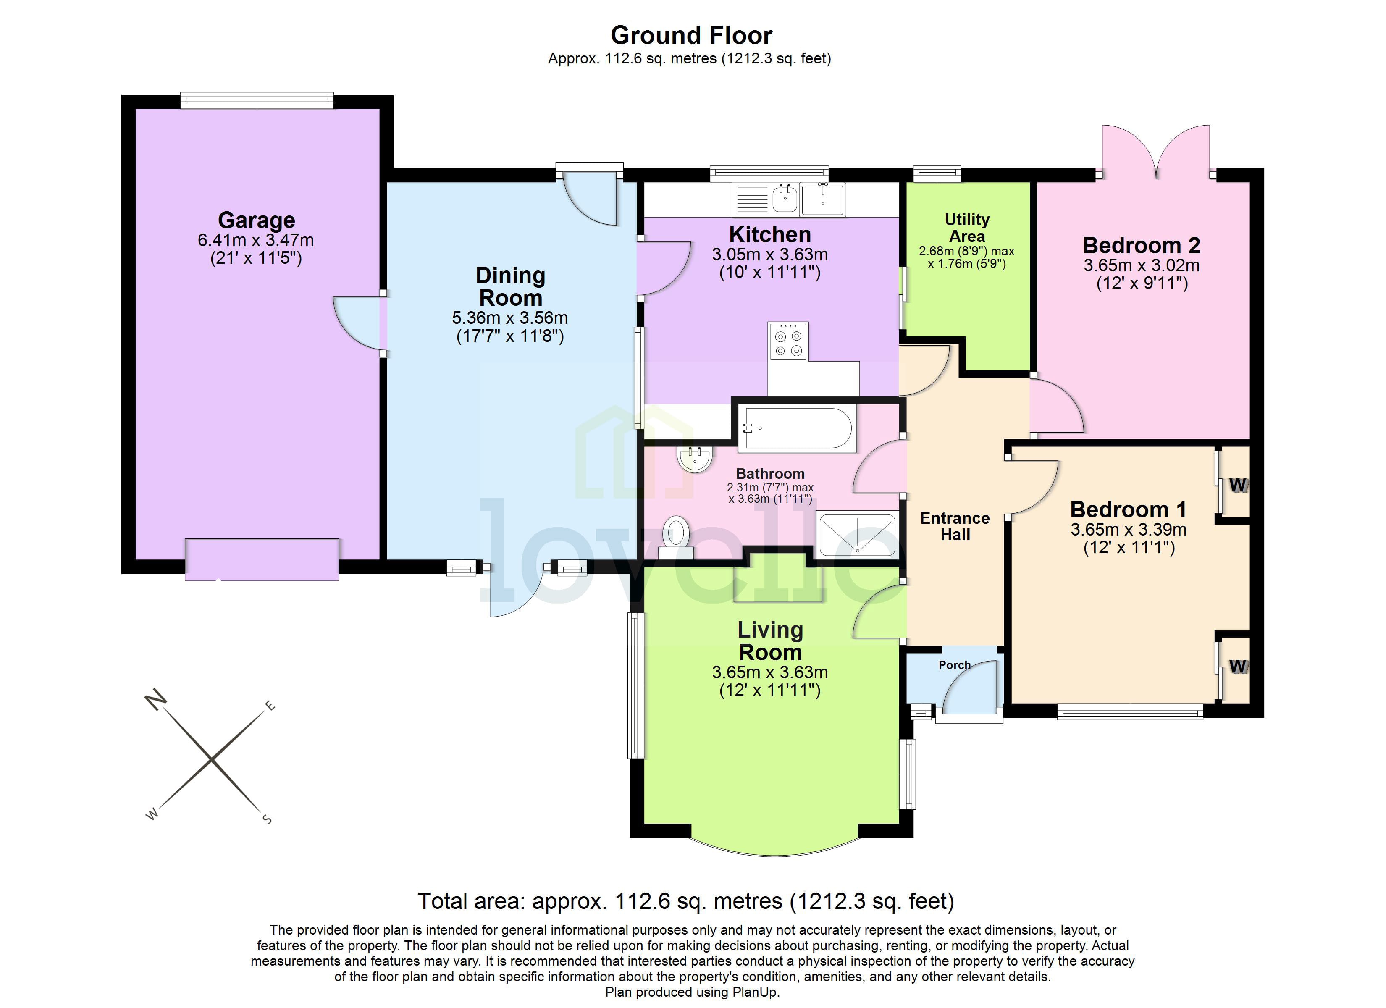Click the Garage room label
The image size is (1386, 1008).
pos(256,220)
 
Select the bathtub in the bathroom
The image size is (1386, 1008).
pos(796,428)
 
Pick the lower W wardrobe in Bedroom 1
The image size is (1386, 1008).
pos(1237,666)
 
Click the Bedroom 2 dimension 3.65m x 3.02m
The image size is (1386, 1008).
pos(1141,266)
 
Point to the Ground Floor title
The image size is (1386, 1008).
pos(691,35)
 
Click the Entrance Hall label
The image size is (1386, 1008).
pos(955,526)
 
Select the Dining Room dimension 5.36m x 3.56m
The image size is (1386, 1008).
pos(509,318)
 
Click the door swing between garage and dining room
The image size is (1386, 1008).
pos(357,323)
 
